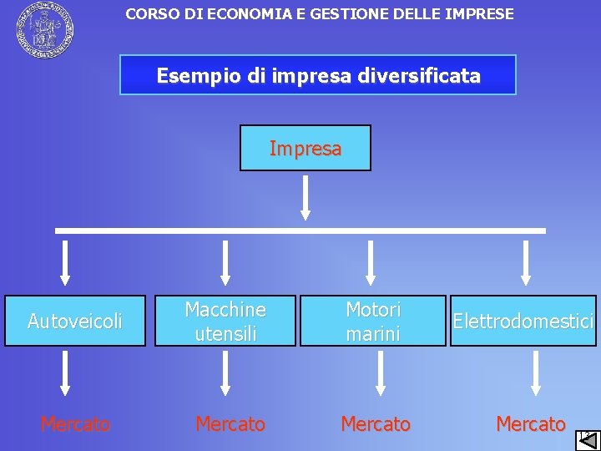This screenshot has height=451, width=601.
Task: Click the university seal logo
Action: coord(43,30)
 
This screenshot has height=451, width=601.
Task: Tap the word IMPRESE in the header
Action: coord(479,13)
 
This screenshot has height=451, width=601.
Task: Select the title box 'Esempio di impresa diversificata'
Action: coord(318,75)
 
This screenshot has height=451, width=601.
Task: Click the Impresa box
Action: coord(306,149)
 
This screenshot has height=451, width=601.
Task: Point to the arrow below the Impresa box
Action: coord(306,197)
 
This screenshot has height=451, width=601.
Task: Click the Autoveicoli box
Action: coord(75,321)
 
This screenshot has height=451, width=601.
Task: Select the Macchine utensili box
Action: coord(225,321)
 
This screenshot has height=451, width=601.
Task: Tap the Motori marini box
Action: coord(373,321)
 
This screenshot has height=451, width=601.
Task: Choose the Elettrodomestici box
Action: coord(523,321)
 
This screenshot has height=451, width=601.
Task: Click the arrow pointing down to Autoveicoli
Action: coord(66,263)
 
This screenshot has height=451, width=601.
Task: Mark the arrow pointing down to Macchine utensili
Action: coord(225,263)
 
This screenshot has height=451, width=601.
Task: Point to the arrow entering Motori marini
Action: coord(372,263)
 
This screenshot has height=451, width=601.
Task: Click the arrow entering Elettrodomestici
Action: coord(526,263)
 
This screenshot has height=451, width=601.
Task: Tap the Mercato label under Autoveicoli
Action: coord(75,425)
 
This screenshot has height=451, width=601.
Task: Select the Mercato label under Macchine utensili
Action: coord(230,424)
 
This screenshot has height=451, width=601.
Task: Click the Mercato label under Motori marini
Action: coord(376,424)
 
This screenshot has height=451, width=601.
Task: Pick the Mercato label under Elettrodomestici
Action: coord(531,424)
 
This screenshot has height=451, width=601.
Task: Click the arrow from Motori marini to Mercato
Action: coord(381,372)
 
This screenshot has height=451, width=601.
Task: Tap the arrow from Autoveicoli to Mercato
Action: coord(66,372)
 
